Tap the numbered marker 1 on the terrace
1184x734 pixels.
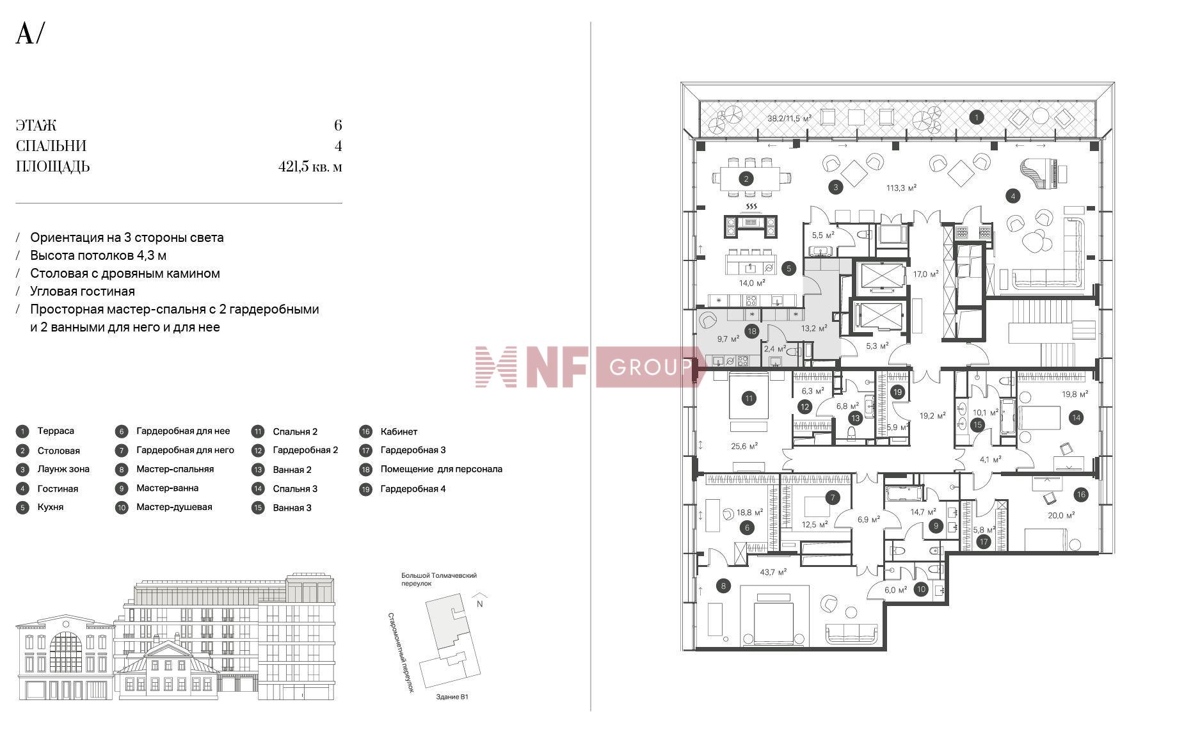point(976,117)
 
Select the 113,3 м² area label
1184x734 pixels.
point(901,188)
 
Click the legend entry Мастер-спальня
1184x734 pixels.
point(175,469)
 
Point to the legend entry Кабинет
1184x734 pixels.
point(398,431)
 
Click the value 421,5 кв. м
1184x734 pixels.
point(310,167)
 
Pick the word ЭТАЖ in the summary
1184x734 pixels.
point(36,125)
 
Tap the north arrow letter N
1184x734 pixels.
point(479,603)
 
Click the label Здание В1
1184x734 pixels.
point(452,697)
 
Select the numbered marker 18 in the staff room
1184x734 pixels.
point(751,331)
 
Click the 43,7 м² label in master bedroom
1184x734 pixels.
point(773,572)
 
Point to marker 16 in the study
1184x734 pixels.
point(1081,494)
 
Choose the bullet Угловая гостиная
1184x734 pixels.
point(83,291)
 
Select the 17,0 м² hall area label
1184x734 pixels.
point(925,274)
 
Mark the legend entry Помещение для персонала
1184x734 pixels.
point(441,469)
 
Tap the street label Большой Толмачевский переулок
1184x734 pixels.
point(438,579)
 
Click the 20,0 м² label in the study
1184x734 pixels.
point(1060,515)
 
